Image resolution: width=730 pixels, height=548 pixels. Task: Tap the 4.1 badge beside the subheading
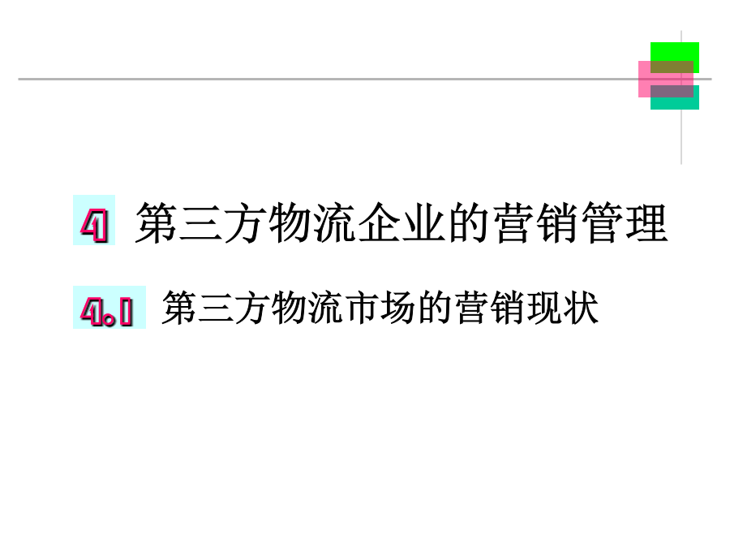click(107, 309)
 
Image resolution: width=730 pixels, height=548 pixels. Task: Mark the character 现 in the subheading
click(543, 308)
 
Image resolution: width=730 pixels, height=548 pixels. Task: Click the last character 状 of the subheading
click(580, 308)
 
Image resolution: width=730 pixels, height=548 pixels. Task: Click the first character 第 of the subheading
click(179, 308)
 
